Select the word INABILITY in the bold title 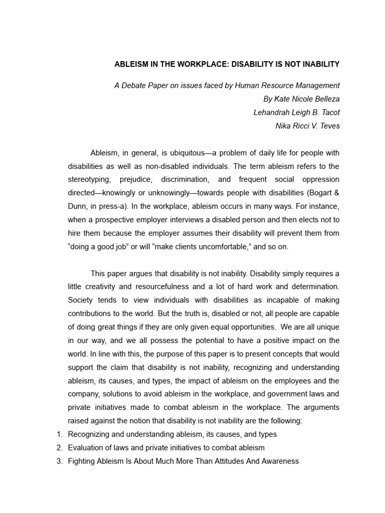point(316,65)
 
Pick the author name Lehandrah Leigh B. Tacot point(296,113)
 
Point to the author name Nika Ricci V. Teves point(307,126)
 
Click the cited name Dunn point(78,206)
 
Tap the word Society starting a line point(81,300)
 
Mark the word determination point(315,287)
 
